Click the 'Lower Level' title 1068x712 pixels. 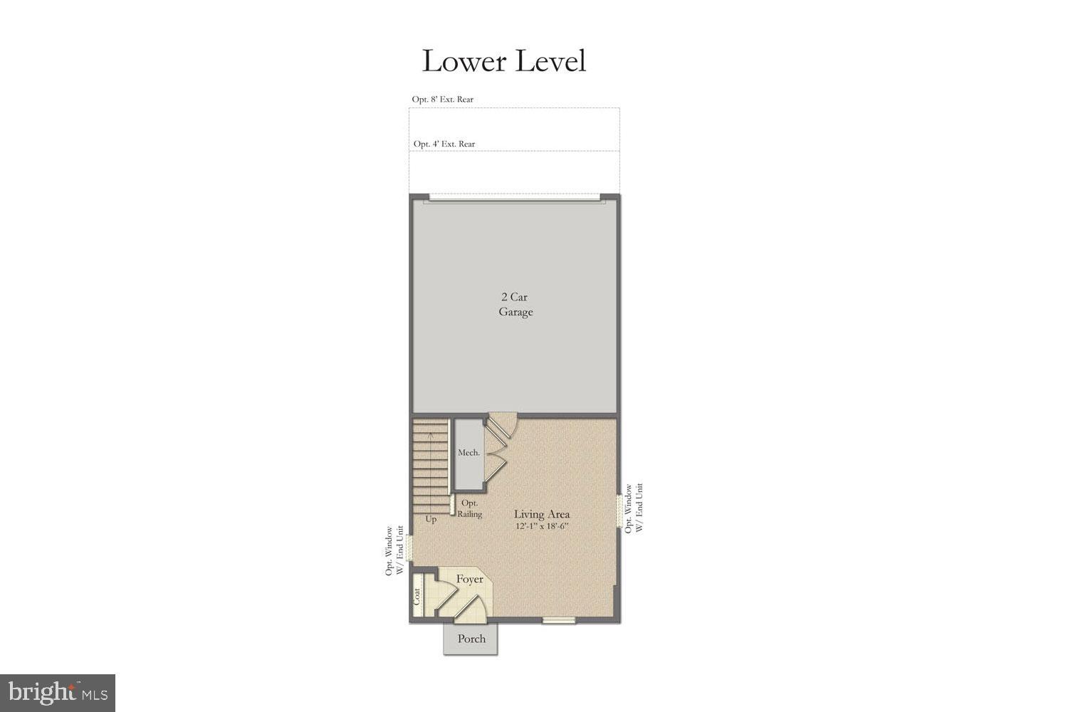(x=503, y=61)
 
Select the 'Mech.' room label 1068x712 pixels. (x=468, y=453)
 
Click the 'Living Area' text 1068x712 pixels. (x=542, y=514)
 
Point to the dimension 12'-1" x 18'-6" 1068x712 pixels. (x=542, y=527)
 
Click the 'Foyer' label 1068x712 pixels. (x=470, y=580)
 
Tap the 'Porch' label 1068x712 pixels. (x=471, y=639)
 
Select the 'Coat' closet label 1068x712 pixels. (x=417, y=597)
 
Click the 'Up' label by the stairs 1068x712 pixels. (x=431, y=519)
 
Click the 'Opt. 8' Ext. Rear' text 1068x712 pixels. (x=443, y=100)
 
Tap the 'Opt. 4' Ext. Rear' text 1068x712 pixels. (x=444, y=144)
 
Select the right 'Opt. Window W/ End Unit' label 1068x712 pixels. (x=634, y=508)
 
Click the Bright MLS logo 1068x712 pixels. (x=58, y=693)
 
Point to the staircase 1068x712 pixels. (x=430, y=466)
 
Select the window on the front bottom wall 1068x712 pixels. (x=558, y=621)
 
